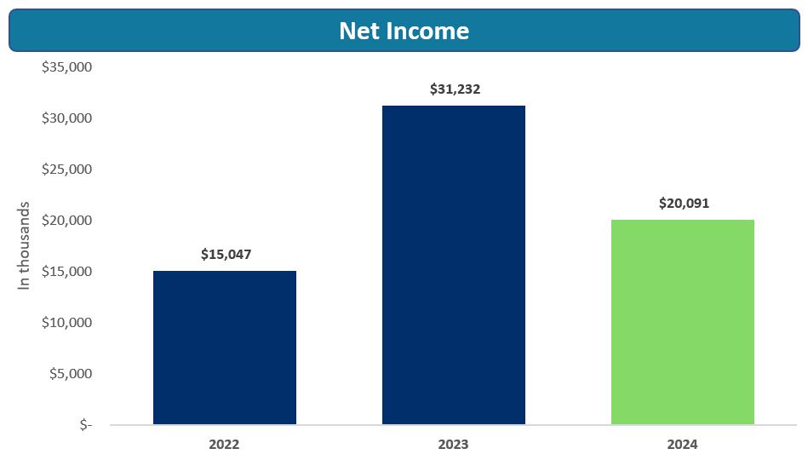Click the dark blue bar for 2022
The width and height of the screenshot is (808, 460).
tap(225, 348)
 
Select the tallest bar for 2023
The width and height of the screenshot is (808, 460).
tap(454, 265)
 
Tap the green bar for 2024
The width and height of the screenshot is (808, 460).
tap(683, 322)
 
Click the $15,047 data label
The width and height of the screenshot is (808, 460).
tap(226, 254)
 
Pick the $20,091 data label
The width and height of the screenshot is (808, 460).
tap(684, 204)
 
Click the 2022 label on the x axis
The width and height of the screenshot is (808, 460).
tap(224, 444)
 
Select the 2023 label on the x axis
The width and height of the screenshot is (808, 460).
tap(453, 444)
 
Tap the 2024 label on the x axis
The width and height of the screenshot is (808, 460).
tap(683, 444)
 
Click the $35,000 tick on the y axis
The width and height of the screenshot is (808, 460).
tap(66, 66)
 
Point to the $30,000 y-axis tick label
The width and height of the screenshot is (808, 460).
tap(66, 118)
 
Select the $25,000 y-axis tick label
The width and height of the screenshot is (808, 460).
tap(66, 169)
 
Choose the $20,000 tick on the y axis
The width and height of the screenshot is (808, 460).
tap(66, 220)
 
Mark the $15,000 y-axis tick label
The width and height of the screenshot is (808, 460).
tap(66, 271)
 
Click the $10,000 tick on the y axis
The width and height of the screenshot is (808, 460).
tap(66, 322)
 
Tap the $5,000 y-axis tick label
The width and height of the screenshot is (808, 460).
tap(70, 373)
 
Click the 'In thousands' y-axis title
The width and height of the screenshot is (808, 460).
tap(24, 245)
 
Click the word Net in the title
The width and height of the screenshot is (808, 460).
tap(358, 31)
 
